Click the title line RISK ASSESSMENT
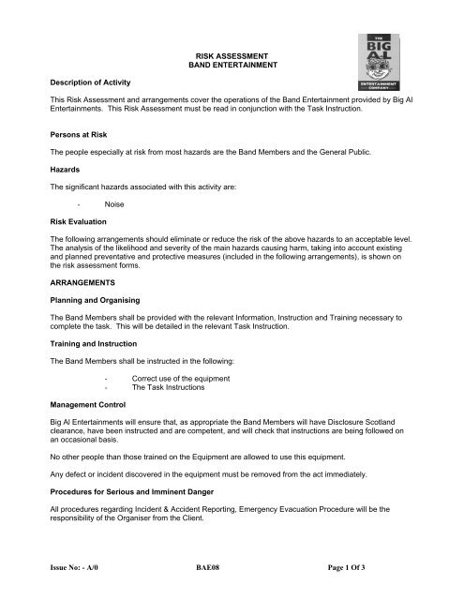tap(231, 56)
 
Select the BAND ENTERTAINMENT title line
tap(231, 67)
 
